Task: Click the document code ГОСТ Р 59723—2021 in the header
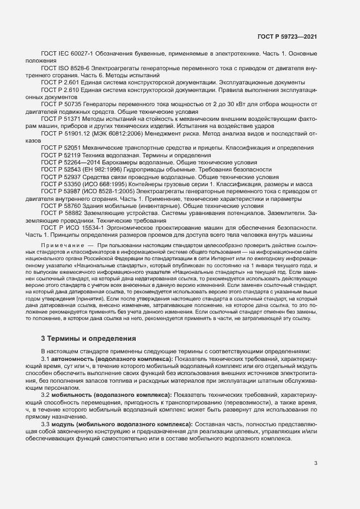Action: click(287, 37)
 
